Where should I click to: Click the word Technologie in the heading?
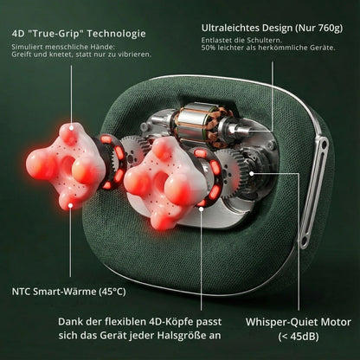(x=117, y=34)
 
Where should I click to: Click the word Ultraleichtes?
(x=230, y=28)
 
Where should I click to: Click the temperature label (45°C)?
(x=112, y=292)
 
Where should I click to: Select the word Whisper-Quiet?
(x=273, y=322)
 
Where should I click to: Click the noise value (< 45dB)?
(x=299, y=337)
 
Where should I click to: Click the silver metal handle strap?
(x=314, y=192)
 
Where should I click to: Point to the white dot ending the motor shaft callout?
(x=231, y=130)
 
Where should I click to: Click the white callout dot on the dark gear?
(x=252, y=173)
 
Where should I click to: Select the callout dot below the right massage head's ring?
(x=201, y=209)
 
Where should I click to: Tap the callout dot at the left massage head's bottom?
(x=70, y=205)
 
